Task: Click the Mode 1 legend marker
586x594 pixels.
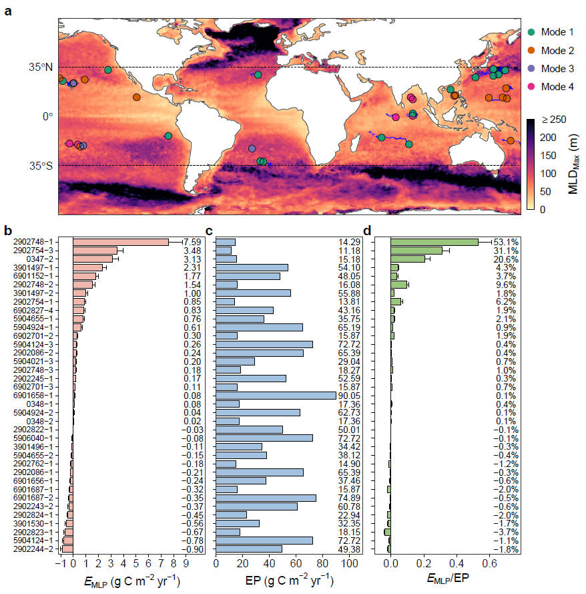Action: (x=531, y=32)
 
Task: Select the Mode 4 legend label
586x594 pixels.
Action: (x=557, y=86)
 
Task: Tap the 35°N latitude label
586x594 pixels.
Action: (x=41, y=67)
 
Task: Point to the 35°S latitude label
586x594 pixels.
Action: (x=41, y=166)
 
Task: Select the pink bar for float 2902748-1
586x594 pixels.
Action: (x=120, y=242)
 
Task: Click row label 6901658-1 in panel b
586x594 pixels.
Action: (x=39, y=395)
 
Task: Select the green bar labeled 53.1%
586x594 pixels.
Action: (x=434, y=242)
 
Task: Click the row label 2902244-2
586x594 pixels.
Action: (x=39, y=549)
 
